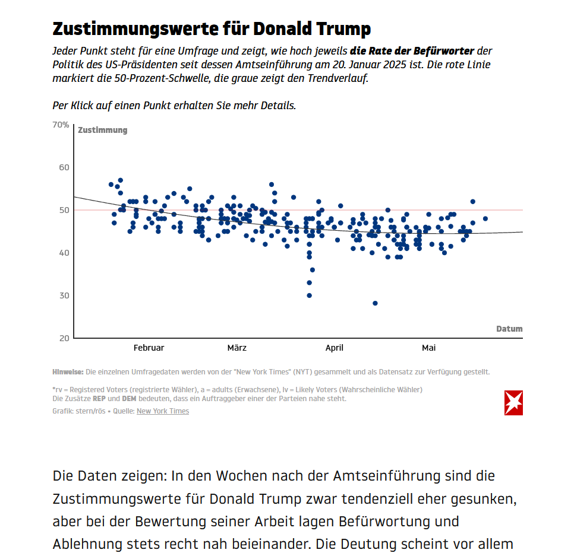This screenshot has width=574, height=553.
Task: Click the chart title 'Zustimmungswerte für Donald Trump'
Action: (x=212, y=28)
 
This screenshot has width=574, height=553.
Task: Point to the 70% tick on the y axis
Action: (x=61, y=125)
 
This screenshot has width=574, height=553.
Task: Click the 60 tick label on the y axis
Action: (x=64, y=167)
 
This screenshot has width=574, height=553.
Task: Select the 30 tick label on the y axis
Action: (x=64, y=295)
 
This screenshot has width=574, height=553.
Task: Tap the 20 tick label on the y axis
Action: (x=64, y=338)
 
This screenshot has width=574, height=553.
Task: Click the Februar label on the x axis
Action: (x=149, y=348)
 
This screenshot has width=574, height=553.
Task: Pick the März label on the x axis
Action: (x=236, y=348)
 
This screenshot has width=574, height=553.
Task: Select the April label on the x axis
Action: (x=335, y=348)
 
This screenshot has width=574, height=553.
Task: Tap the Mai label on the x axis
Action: (x=428, y=348)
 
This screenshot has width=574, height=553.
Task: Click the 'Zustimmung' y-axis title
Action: (x=102, y=130)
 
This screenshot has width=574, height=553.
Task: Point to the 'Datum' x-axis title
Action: (x=509, y=329)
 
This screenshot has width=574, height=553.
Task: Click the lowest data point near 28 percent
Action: (x=375, y=303)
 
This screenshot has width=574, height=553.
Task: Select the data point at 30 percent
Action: (x=309, y=295)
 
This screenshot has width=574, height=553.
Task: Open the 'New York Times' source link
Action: (x=163, y=411)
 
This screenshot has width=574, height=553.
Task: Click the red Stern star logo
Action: (x=513, y=403)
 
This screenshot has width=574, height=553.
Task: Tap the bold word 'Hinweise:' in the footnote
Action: (x=68, y=372)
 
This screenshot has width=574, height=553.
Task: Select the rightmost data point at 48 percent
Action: (x=485, y=218)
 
